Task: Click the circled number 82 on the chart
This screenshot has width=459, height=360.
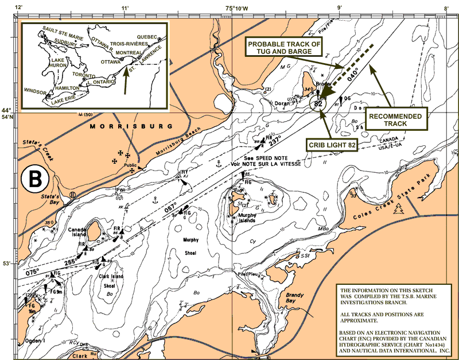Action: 318,104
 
